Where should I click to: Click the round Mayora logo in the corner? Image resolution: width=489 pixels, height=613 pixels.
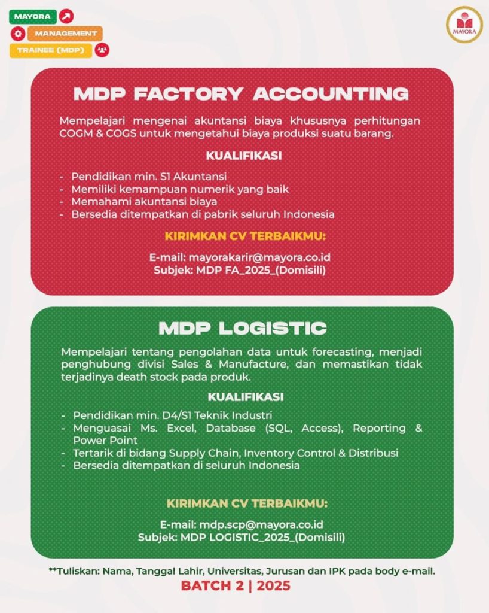point(464,24)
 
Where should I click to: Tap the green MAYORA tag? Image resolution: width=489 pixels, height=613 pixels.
point(33,16)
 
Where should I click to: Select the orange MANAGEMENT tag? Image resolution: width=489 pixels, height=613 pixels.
point(65,34)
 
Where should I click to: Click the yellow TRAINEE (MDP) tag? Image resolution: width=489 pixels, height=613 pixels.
point(51,50)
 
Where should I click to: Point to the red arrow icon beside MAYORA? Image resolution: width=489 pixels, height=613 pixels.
point(67,16)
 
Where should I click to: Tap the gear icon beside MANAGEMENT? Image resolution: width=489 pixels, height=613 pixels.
point(17,34)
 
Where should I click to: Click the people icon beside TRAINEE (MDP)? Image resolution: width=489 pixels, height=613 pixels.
point(102,50)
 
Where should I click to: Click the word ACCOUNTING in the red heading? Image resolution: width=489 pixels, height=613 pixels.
point(331,94)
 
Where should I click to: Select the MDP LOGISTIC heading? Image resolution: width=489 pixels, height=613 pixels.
point(242,329)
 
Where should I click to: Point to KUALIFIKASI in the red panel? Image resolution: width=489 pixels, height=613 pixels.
point(244,156)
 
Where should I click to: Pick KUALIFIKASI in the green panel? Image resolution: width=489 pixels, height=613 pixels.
point(246,397)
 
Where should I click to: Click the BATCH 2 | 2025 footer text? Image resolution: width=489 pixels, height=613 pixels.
point(236,585)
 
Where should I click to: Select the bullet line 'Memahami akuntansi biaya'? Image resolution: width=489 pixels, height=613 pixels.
point(144,202)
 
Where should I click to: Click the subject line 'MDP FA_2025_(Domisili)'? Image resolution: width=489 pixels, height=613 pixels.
point(261,270)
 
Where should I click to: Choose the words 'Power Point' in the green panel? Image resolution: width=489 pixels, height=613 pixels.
point(105,441)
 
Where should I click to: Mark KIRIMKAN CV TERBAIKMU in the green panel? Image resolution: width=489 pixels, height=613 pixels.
point(247,503)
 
